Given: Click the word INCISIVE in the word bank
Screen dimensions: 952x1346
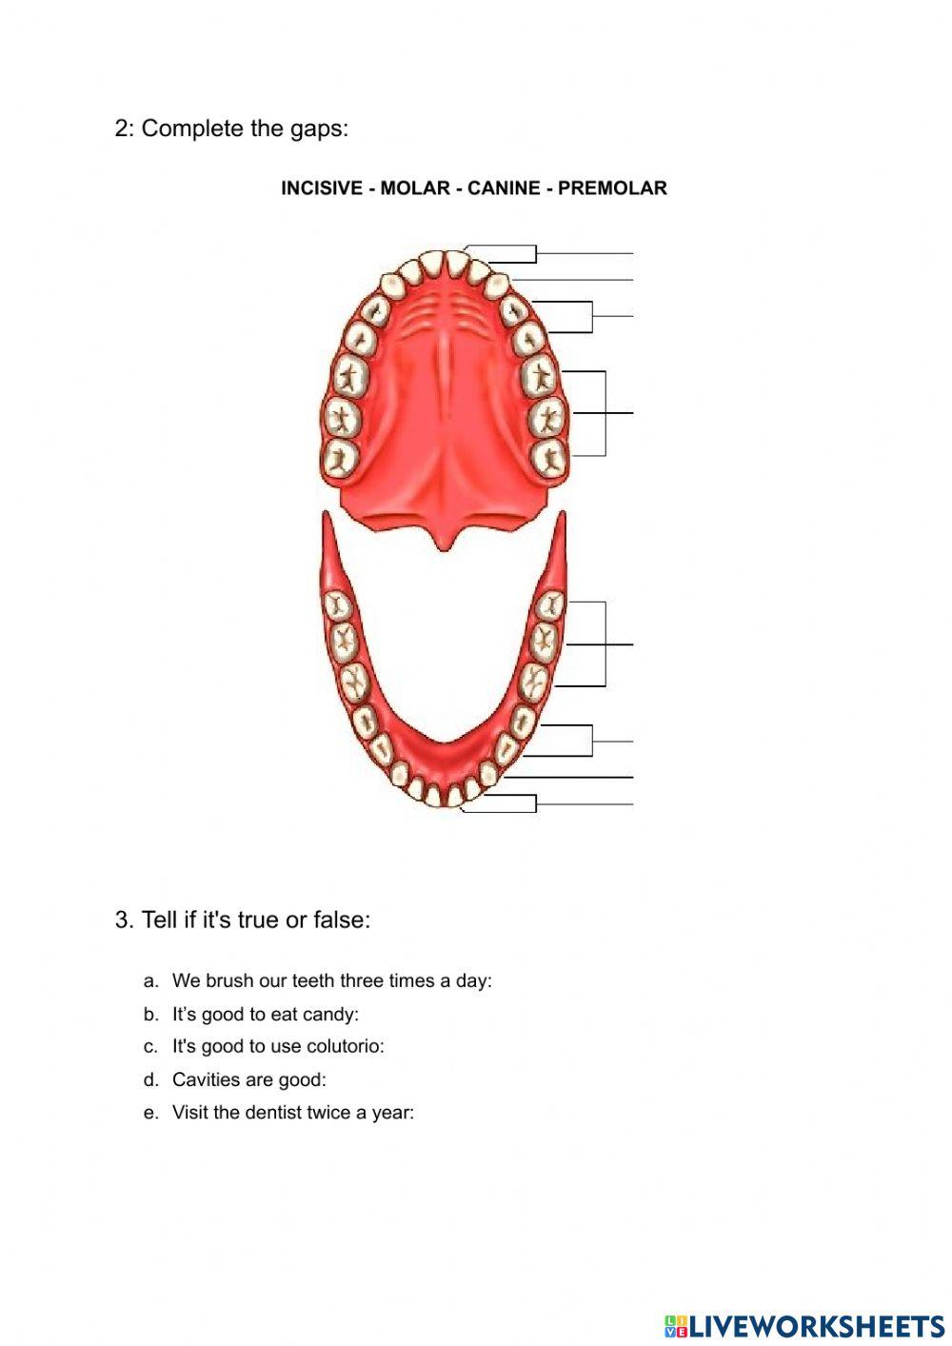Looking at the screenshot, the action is tap(322, 188).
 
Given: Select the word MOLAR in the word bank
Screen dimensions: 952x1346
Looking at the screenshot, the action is tap(414, 188).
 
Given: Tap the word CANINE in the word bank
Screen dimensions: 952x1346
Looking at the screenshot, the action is tap(504, 188).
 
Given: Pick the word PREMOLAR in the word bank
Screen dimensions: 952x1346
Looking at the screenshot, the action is tap(612, 188).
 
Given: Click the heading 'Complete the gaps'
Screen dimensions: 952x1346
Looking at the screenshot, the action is tap(245, 129).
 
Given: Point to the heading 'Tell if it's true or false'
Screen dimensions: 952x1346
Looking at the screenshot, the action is tap(255, 920).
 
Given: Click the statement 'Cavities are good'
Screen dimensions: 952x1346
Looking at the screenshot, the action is tap(248, 1079).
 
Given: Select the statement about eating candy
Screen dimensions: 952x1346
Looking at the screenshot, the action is tap(265, 1015).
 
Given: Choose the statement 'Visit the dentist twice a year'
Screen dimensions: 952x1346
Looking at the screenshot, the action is tap(292, 1113).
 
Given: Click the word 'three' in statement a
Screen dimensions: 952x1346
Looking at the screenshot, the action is tap(361, 980).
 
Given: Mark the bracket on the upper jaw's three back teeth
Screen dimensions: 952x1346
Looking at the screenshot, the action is tap(605, 413).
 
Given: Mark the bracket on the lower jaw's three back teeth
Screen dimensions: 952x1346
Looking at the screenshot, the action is tap(605, 644).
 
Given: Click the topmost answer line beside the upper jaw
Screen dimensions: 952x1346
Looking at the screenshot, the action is tap(585, 253).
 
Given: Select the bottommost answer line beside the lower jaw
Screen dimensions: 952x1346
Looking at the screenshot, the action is tap(585, 804).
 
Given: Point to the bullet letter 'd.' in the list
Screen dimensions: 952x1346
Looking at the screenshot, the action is tap(150, 1079).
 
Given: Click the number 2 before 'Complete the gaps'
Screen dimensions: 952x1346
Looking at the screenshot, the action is tap(121, 129).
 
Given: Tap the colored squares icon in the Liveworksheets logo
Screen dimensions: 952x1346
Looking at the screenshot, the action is tap(677, 1325).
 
